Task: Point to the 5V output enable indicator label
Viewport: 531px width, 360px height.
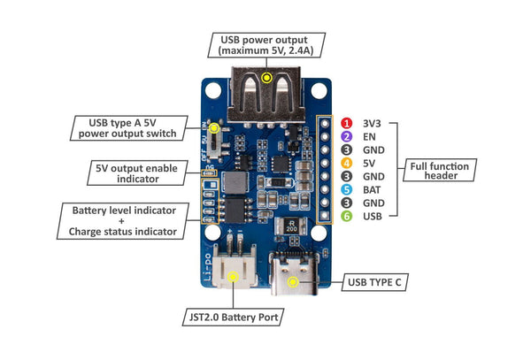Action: point(140,172)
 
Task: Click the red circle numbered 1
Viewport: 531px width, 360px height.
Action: point(348,124)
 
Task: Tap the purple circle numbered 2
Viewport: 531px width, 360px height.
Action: point(348,137)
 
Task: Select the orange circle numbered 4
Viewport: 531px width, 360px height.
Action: point(348,163)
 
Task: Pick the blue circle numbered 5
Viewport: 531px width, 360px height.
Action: point(348,189)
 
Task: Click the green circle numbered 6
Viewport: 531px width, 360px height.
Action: point(348,215)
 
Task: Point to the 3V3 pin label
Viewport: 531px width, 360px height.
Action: point(372,124)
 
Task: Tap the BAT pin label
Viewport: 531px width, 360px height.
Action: point(371,189)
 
